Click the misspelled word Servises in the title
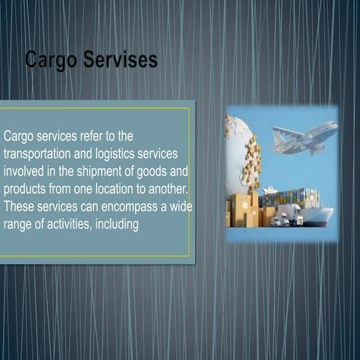click(120, 60)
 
